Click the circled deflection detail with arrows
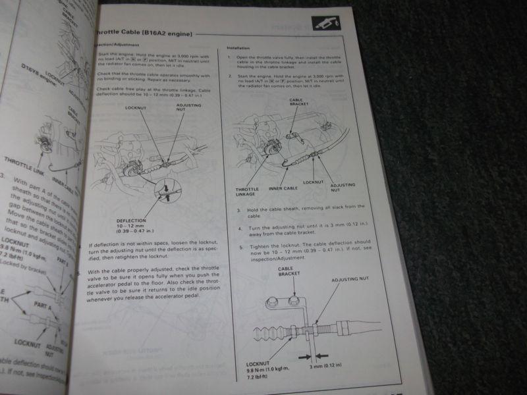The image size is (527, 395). click(x=167, y=192)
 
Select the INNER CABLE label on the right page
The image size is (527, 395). click(x=283, y=188)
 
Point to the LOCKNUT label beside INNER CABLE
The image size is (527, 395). click(x=315, y=181)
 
